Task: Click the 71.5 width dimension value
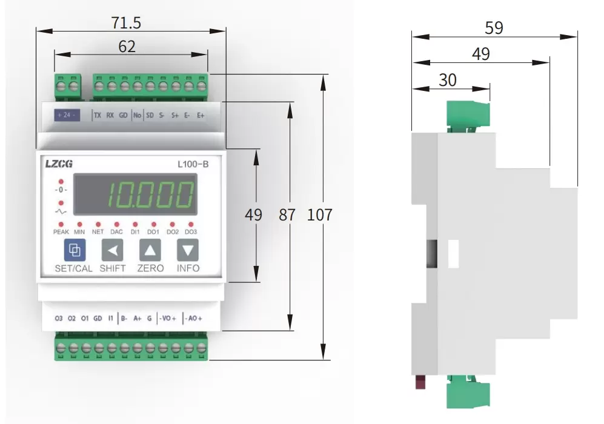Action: pyautogui.click(x=126, y=23)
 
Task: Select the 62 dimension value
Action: pyautogui.click(x=127, y=47)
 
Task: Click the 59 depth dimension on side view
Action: pyautogui.click(x=494, y=28)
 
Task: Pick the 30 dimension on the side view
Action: pyautogui.click(x=448, y=80)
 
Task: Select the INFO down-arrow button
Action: pyautogui.click(x=188, y=250)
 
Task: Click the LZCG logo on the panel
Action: pyautogui.click(x=59, y=163)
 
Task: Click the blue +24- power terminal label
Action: pyautogui.click(x=67, y=114)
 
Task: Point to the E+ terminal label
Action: pyautogui.click(x=201, y=114)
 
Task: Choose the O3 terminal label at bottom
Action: pyautogui.click(x=59, y=318)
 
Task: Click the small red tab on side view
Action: pyautogui.click(x=418, y=382)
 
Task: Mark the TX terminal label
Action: pyautogui.click(x=98, y=114)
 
